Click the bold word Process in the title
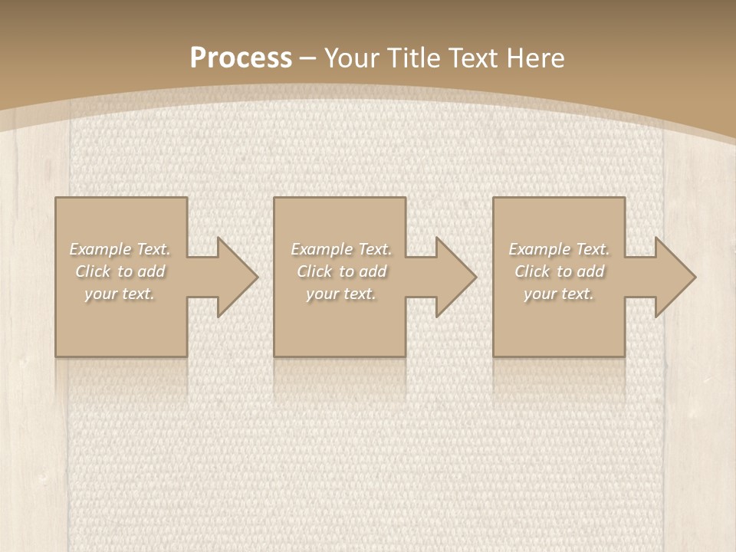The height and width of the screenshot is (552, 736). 241,58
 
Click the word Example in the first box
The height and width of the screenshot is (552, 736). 100,249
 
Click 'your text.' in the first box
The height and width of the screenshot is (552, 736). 120,294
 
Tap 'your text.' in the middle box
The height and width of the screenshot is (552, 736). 340,294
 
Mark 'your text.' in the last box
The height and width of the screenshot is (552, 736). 559,294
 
